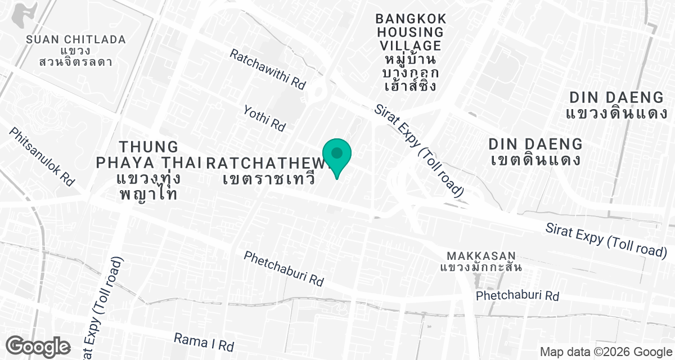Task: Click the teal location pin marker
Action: click(x=337, y=155)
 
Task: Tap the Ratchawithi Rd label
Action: click(x=267, y=69)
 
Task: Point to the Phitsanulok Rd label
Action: click(x=42, y=156)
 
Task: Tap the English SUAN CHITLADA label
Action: click(x=75, y=40)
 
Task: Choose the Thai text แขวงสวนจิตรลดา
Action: click(x=75, y=56)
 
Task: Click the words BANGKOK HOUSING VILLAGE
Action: click(x=411, y=33)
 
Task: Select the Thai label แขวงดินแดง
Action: click(x=616, y=114)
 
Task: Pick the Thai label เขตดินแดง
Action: click(x=535, y=159)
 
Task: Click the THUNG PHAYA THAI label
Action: click(x=148, y=155)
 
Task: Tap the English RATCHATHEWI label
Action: click(x=267, y=163)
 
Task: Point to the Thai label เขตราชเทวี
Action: click(x=268, y=180)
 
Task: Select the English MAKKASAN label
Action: click(x=481, y=255)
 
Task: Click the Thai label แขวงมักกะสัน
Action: click(x=481, y=267)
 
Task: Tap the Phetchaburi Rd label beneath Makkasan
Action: click(x=517, y=296)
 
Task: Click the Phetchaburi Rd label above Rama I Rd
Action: click(x=284, y=267)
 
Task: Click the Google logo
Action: click(x=38, y=345)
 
